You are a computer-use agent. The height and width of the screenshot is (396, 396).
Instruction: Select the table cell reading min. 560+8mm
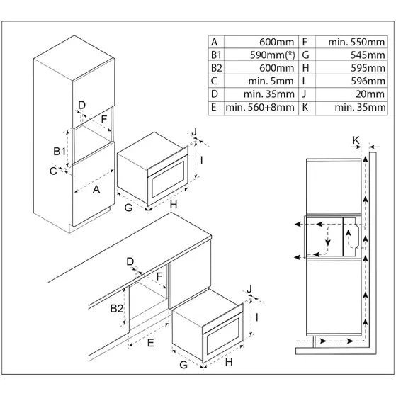point(260,108)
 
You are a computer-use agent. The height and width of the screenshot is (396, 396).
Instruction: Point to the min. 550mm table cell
point(357,41)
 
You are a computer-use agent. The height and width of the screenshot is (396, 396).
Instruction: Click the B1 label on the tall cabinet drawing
point(60,152)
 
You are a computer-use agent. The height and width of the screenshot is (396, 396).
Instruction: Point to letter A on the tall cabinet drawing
point(96,189)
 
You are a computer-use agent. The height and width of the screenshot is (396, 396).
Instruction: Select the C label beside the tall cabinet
point(54,171)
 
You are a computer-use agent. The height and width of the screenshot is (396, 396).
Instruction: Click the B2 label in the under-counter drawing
point(118,308)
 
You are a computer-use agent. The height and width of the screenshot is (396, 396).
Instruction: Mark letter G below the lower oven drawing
point(183,365)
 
